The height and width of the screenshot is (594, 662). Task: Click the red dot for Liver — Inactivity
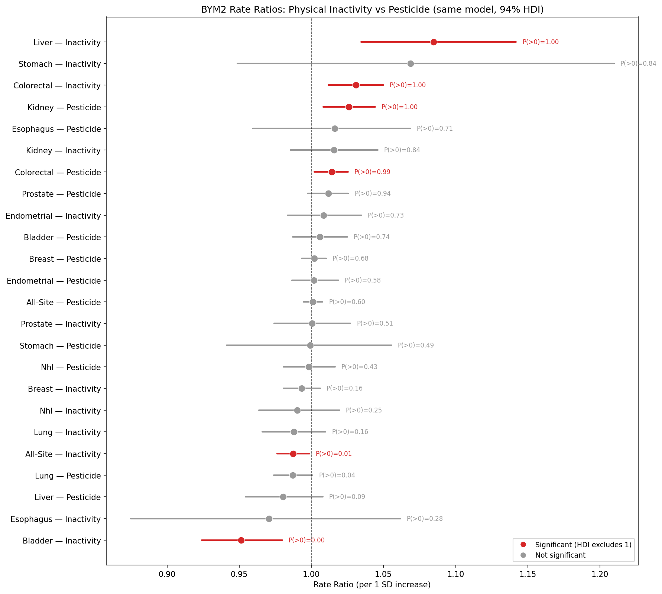click(x=433, y=42)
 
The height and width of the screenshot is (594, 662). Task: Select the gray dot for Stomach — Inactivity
click(x=410, y=63)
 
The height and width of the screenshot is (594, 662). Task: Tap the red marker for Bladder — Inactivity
click(x=241, y=540)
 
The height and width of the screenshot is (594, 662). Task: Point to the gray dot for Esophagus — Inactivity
click(x=269, y=519)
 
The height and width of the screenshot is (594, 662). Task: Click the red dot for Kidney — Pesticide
click(x=349, y=107)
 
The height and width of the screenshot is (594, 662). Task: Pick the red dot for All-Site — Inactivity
click(x=293, y=454)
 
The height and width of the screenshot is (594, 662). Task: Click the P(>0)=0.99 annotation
click(x=372, y=172)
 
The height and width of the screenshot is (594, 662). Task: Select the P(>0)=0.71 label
click(x=435, y=128)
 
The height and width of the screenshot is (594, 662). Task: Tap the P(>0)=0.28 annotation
click(x=425, y=519)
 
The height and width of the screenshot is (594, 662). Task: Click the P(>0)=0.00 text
click(x=306, y=540)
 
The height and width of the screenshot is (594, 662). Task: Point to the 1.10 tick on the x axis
click(x=455, y=575)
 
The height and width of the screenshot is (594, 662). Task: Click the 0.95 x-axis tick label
click(x=239, y=575)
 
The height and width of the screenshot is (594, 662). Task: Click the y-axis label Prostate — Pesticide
click(x=61, y=194)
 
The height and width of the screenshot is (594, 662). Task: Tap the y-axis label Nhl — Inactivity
click(x=70, y=411)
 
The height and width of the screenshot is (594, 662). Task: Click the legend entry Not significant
click(x=560, y=555)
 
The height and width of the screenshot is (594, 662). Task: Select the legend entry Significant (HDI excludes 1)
click(x=583, y=545)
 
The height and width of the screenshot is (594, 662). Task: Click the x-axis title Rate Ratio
click(x=372, y=585)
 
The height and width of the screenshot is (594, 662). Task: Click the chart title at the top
click(x=372, y=10)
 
